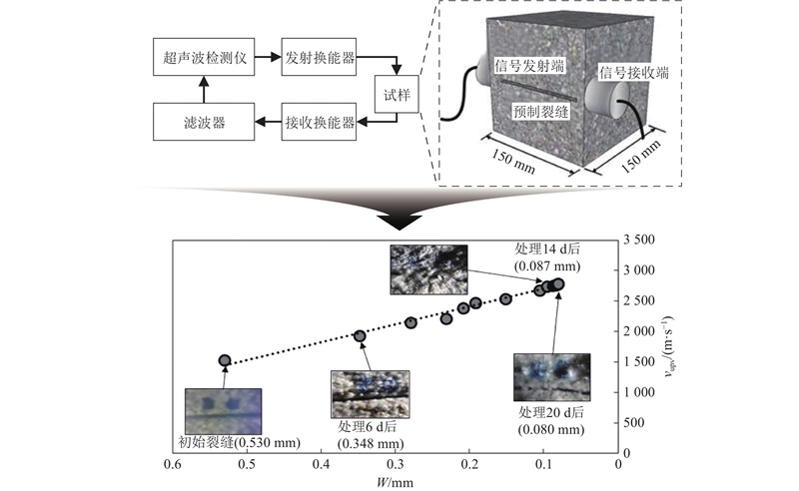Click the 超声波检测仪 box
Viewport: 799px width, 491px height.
(x=203, y=58)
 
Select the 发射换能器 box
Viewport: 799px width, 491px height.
(x=320, y=58)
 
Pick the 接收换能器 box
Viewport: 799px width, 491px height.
(x=320, y=123)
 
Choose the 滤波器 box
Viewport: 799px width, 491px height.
(x=203, y=123)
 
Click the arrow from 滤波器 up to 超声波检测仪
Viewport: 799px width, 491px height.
(x=203, y=91)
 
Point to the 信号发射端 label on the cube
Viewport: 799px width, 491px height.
(x=529, y=66)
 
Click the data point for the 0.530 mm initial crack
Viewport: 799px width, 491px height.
(x=225, y=360)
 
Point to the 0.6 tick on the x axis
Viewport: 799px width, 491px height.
(x=173, y=464)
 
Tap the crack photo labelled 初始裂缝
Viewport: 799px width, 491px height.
(x=223, y=410)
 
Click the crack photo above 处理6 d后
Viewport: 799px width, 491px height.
(x=370, y=392)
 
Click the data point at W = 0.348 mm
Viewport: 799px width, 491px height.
(x=361, y=336)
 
